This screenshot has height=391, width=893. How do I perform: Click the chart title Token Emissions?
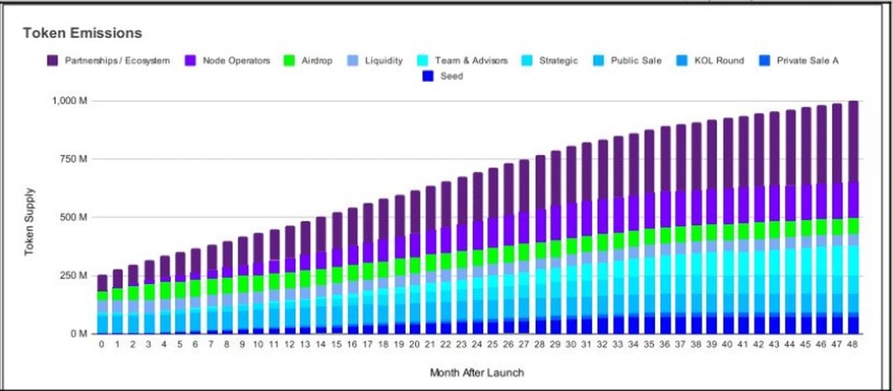83,34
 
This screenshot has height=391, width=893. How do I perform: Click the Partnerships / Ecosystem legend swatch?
53,60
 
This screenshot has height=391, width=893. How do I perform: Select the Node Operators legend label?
237,60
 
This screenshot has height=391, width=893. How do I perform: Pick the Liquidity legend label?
383,60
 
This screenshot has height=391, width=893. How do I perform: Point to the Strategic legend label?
558,60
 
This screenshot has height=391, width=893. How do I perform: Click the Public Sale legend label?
636,60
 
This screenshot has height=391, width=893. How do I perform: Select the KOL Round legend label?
718,60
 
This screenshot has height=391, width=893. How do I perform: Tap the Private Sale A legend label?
807,60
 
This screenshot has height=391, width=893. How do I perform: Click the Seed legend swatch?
428,76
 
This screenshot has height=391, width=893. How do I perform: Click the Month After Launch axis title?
478,371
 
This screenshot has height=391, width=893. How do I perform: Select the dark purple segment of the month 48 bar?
853,142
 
